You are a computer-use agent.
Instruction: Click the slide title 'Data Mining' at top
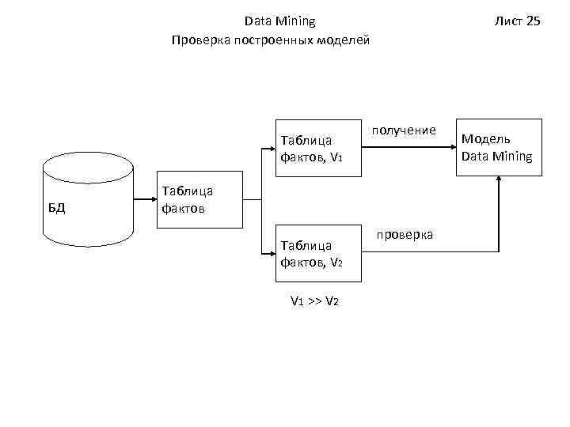coord(279,21)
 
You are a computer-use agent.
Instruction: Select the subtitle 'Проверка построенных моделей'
coord(270,40)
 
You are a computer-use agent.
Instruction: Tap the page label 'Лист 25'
coord(517,21)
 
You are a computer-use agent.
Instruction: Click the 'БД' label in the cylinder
coord(55,209)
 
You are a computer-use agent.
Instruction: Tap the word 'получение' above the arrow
coord(404,130)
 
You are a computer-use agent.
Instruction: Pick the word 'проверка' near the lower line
coord(405,235)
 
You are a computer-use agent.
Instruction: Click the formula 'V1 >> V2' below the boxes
coord(315,301)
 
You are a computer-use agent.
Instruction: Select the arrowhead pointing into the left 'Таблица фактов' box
coord(151,199)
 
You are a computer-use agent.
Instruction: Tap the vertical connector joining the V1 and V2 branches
coord(261,199)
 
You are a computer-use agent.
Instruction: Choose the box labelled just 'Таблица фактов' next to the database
coord(199,199)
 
